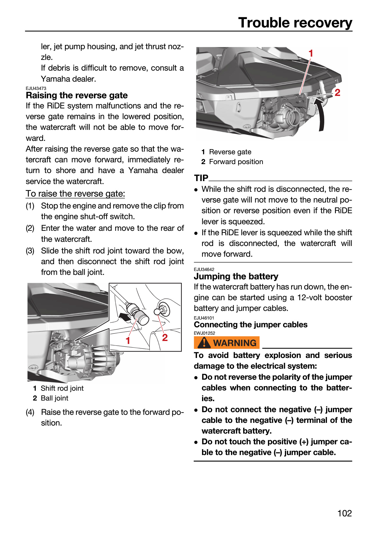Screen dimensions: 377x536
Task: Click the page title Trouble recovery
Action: point(295,23)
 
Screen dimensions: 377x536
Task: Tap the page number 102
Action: point(345,513)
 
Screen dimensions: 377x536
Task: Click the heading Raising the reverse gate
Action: point(77,95)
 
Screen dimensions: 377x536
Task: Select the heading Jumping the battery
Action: point(236,276)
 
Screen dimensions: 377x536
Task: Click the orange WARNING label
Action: point(227,343)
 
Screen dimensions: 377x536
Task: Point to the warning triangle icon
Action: point(204,343)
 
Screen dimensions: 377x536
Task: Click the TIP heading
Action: point(201,178)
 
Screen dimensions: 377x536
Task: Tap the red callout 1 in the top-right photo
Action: point(311,54)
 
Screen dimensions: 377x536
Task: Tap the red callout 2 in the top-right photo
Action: point(337,93)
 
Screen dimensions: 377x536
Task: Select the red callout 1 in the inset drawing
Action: point(128,340)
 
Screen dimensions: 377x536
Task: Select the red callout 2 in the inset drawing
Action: point(165,338)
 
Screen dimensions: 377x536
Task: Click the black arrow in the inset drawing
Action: point(125,317)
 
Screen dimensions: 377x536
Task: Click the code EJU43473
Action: point(36,88)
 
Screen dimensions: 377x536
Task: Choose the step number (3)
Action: point(30,251)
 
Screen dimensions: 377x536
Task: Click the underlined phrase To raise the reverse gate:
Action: point(75,194)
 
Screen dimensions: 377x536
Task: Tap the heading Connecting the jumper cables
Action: point(251,325)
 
